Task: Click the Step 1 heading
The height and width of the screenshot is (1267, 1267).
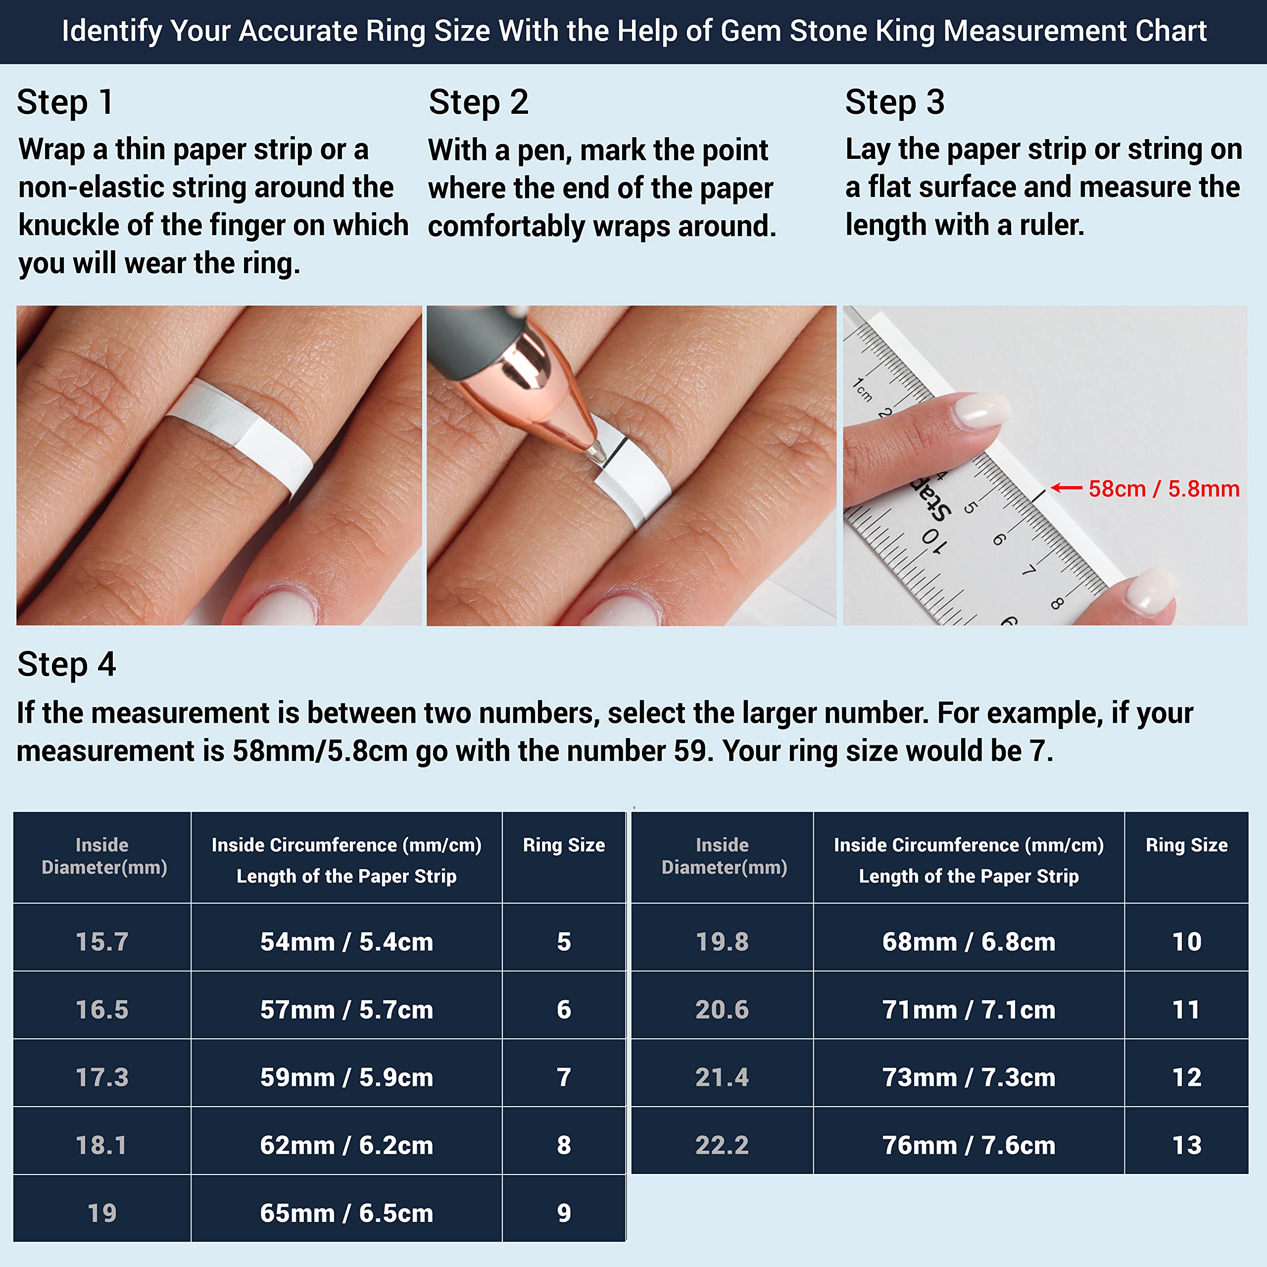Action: tap(65, 103)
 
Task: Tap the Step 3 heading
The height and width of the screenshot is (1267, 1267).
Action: tap(894, 103)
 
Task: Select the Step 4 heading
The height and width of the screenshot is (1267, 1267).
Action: tap(66, 664)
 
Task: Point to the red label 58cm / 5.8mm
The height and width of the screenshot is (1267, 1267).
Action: tap(1164, 488)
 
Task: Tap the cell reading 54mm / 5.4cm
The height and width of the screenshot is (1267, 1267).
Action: tap(346, 942)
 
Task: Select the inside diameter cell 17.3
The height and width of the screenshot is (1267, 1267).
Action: tap(101, 1077)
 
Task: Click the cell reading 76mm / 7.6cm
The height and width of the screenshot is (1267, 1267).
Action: tap(969, 1145)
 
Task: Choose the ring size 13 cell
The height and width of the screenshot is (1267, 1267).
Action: tap(1186, 1145)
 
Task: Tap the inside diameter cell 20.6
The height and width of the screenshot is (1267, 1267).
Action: tap(722, 1009)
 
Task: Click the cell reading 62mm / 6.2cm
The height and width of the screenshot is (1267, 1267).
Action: tap(346, 1145)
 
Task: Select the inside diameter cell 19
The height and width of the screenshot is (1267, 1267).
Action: tap(101, 1213)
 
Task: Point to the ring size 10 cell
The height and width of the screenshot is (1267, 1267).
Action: tap(1186, 942)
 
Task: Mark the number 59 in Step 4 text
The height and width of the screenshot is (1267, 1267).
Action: tap(694, 751)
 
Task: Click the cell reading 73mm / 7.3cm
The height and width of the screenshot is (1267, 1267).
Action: tap(969, 1077)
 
